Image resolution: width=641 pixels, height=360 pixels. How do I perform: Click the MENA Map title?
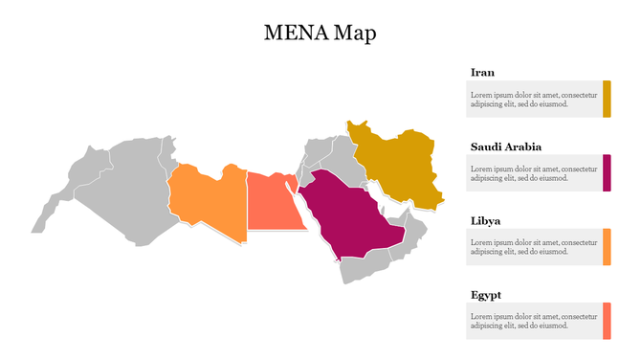[320, 33]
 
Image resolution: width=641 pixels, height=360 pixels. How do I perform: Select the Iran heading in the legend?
[482, 72]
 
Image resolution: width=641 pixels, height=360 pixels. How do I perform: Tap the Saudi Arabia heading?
[505, 146]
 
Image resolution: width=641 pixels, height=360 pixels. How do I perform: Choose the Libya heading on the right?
[485, 221]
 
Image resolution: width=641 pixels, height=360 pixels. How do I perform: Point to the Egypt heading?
[486, 295]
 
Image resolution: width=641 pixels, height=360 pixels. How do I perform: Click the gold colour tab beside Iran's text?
[607, 99]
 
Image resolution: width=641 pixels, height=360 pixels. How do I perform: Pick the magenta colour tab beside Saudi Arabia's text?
[607, 172]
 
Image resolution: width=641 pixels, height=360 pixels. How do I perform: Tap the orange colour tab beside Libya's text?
[607, 247]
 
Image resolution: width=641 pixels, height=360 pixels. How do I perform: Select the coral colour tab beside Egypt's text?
[607, 321]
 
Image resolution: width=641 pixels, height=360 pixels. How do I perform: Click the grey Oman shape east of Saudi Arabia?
[412, 235]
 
